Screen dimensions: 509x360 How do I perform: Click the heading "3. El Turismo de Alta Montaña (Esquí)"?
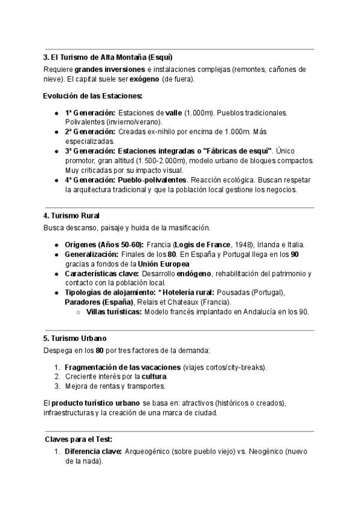click(107, 58)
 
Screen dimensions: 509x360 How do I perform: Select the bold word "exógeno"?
click(144, 79)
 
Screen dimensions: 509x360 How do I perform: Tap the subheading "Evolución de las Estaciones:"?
click(92, 96)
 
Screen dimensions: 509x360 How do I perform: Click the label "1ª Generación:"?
click(90, 113)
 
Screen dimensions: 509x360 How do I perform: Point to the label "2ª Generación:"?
click(90, 131)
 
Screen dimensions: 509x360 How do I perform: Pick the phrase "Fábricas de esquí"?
click(238, 150)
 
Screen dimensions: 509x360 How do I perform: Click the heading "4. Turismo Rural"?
click(71, 215)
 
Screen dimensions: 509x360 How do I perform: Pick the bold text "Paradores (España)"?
click(99, 302)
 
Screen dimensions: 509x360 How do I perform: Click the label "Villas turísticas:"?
click(114, 312)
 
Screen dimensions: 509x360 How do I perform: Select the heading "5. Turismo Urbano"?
click(75, 339)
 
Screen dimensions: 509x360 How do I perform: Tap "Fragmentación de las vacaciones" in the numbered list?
click(122, 367)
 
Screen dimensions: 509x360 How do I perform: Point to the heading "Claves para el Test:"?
click(78, 439)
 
